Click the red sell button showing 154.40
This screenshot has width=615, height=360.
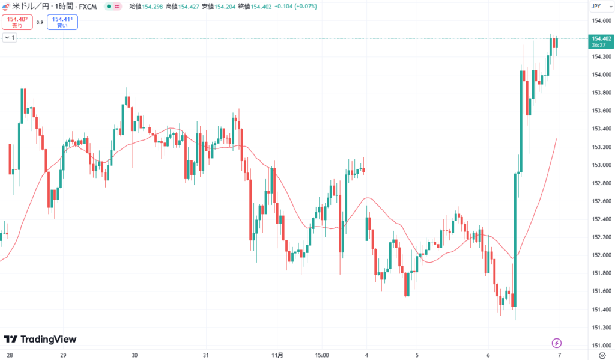coord(17,22)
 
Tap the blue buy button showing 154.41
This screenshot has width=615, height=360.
coord(62,22)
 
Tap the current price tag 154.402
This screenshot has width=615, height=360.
coord(601,38)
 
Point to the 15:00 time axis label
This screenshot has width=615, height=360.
coord(321,355)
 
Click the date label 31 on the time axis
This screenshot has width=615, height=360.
coord(206,355)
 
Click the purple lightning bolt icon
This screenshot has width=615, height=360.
coord(557,343)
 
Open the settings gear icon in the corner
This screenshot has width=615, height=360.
coord(602,355)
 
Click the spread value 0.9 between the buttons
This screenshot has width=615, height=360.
coord(40,22)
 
